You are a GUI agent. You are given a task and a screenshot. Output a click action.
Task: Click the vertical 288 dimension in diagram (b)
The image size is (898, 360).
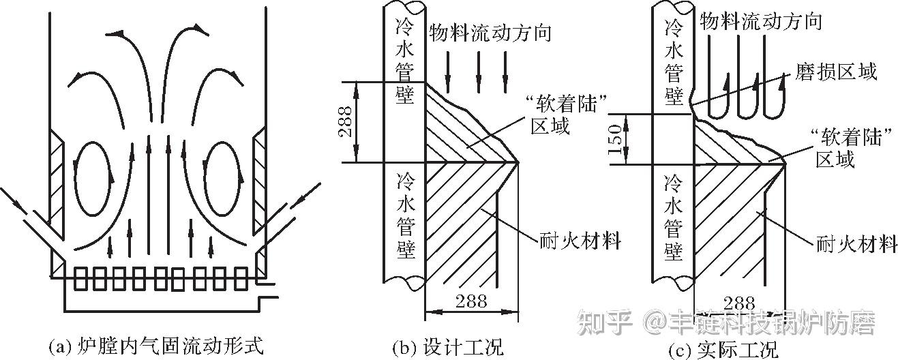coord(346,123)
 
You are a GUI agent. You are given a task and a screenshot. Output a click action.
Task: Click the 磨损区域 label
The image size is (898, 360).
coord(836,72)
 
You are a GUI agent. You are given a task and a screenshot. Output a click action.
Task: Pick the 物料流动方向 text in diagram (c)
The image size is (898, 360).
coord(761,21)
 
